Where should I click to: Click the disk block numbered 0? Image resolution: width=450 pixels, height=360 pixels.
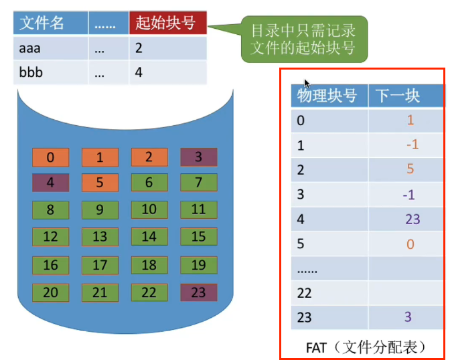click(x=51, y=158)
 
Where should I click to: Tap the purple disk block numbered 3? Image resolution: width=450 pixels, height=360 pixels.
click(x=198, y=158)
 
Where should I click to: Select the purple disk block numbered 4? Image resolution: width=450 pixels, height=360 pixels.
click(x=51, y=183)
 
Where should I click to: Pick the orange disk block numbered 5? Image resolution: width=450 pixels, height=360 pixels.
click(x=100, y=183)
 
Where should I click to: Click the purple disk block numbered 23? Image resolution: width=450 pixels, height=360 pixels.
click(x=198, y=292)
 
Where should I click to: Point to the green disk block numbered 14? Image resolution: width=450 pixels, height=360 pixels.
click(x=149, y=236)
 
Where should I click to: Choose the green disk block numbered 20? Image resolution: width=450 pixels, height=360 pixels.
click(x=51, y=292)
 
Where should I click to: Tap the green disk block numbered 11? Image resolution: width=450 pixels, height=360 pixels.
click(x=198, y=209)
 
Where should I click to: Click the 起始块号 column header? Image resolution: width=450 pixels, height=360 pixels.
click(x=167, y=23)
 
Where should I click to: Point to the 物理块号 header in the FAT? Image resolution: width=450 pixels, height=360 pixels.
click(x=327, y=96)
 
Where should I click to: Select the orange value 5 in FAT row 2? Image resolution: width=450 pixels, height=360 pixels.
click(x=410, y=169)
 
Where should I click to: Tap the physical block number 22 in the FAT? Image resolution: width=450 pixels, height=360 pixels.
click(x=305, y=292)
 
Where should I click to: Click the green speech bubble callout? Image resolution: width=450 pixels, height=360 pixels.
click(x=303, y=39)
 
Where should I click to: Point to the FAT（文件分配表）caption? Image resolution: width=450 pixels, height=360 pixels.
click(x=366, y=347)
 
